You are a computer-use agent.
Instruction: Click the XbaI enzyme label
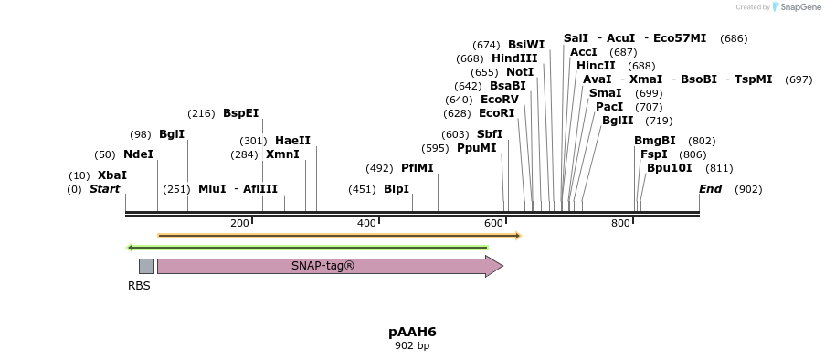112,175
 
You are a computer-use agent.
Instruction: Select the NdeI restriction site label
138,154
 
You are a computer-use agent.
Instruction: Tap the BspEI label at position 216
241,113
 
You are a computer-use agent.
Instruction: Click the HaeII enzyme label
292,141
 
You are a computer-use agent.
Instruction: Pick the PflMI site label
418,168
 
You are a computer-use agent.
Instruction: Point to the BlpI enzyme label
397,189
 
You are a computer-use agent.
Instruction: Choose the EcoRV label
499,100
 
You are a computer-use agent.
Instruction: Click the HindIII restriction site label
514,58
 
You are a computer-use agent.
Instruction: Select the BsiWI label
526,45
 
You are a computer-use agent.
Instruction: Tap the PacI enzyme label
609,107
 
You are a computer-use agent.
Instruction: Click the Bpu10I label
669,168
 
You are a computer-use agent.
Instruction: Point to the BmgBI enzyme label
655,141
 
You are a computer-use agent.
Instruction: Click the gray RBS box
146,266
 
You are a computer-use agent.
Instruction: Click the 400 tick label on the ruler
366,224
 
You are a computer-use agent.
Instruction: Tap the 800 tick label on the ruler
620,224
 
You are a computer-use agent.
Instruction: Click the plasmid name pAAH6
412,332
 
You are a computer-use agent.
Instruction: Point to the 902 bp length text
412,346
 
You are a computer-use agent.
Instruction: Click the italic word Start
104,189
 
